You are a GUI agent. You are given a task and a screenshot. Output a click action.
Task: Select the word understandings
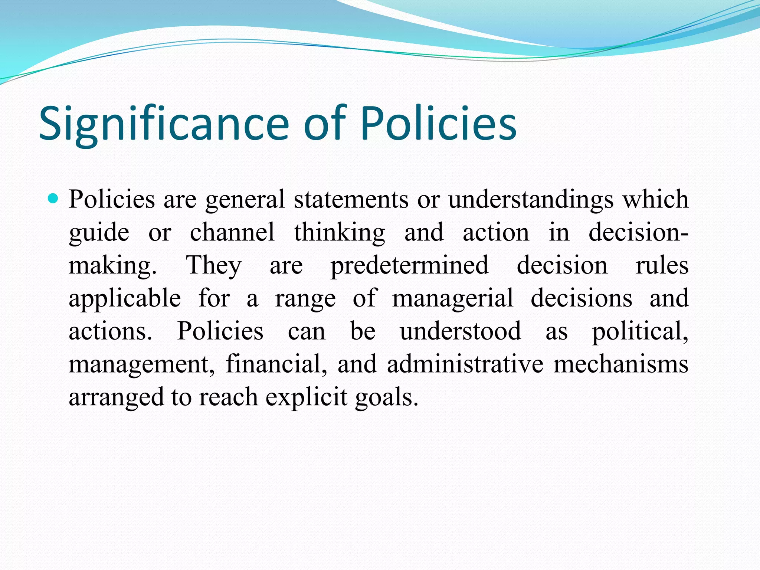(x=531, y=200)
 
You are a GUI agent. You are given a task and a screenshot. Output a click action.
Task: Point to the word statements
(x=351, y=200)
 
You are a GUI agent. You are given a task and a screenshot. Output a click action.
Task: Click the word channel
(x=232, y=232)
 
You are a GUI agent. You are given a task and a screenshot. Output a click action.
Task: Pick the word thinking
(x=340, y=232)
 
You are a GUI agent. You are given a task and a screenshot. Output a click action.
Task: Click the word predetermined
(x=410, y=265)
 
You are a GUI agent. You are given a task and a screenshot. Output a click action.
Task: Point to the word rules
(x=662, y=265)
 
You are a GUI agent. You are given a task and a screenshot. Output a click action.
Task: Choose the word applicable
(x=125, y=298)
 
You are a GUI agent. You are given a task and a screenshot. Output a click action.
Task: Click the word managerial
(x=453, y=298)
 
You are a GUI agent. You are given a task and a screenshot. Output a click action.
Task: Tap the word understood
(x=460, y=331)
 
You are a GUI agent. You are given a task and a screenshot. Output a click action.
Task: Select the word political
(x=640, y=331)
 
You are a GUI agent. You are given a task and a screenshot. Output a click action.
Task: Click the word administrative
(x=465, y=364)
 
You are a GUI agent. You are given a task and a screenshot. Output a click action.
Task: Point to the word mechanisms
(x=620, y=364)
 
